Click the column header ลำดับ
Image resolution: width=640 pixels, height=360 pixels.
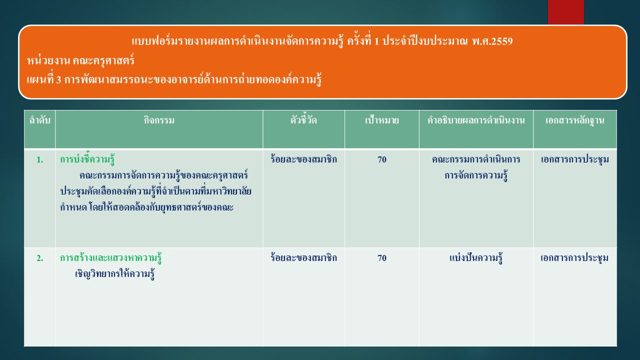click(x=39, y=120)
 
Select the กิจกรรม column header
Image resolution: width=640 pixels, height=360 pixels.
click(x=159, y=120)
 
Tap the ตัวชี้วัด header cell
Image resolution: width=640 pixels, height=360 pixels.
click(x=303, y=120)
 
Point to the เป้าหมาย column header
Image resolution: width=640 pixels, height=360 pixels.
click(x=381, y=120)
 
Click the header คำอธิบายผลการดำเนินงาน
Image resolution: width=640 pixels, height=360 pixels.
click(x=476, y=120)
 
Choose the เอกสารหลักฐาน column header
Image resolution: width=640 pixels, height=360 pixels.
click(x=575, y=121)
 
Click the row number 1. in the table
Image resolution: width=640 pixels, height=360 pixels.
click(x=39, y=159)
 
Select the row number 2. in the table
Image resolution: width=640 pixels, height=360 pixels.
click(x=39, y=258)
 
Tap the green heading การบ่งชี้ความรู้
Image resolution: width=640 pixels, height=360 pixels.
click(x=87, y=159)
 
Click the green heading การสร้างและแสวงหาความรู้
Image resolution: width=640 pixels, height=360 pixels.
click(x=111, y=258)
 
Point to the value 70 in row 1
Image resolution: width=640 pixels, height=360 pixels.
click(x=382, y=159)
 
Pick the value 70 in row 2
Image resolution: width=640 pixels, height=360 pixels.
click(x=382, y=258)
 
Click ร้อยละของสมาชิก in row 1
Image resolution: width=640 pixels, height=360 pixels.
click(x=303, y=159)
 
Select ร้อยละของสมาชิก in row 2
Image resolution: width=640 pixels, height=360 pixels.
click(x=303, y=257)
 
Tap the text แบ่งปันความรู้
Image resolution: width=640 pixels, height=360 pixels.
click(x=476, y=258)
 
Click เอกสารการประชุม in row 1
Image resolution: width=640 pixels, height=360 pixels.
click(x=575, y=159)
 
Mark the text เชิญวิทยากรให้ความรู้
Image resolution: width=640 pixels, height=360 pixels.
click(x=115, y=274)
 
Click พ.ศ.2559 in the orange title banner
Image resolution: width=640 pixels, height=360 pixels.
click(x=492, y=41)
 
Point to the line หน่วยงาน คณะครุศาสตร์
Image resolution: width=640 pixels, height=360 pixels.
click(x=80, y=60)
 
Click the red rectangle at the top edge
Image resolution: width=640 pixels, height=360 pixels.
click(x=565, y=12)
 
